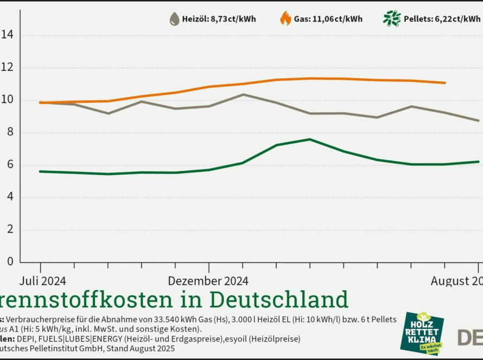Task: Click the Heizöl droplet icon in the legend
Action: (x=174, y=19)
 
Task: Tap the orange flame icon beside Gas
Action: (x=285, y=19)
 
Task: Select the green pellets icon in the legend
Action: (x=391, y=19)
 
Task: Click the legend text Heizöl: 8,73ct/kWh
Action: (x=219, y=19)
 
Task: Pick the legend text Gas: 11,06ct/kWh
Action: (x=328, y=19)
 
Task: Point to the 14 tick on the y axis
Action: (x=8, y=35)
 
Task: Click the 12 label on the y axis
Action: (x=8, y=68)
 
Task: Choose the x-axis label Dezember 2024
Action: (x=208, y=281)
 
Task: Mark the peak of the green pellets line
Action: (x=310, y=139)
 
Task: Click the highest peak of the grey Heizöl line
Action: (x=243, y=94)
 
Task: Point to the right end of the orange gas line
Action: (x=445, y=83)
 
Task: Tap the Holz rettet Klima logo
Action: (x=422, y=333)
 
